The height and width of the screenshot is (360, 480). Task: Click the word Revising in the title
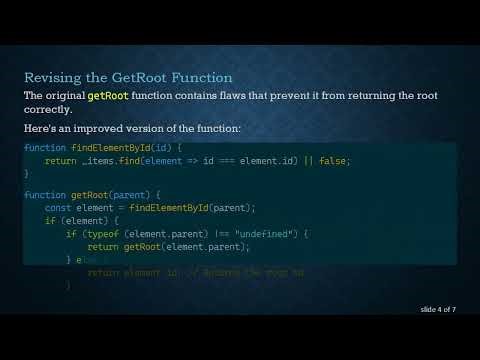click(x=53, y=77)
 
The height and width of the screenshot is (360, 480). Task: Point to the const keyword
click(x=58, y=207)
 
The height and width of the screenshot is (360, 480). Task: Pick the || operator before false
click(x=305, y=160)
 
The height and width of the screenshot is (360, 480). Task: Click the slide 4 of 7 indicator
click(x=438, y=310)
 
